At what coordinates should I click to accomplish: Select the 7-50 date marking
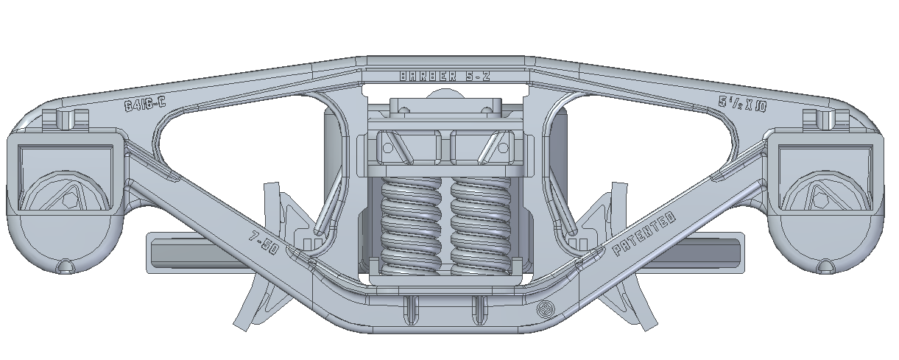[263, 243]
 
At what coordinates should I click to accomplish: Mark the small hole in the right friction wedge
[503, 147]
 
